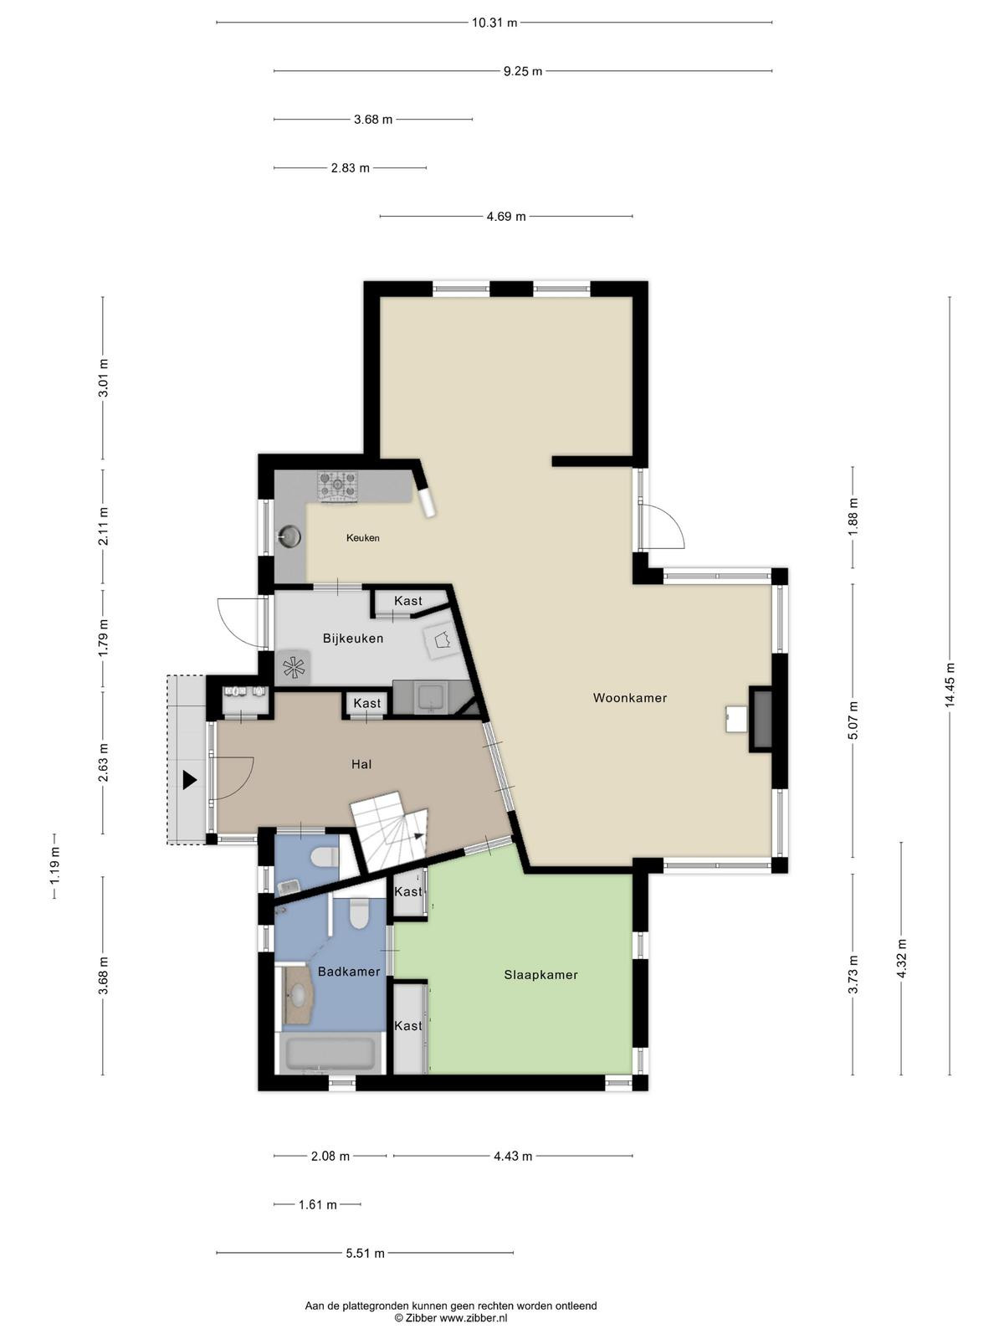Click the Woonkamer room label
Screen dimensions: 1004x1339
pyautogui.click(x=630, y=698)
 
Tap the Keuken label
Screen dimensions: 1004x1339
pyautogui.click(x=363, y=538)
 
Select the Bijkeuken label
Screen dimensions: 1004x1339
pyautogui.click(x=353, y=638)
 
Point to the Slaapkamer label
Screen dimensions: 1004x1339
pyautogui.click(x=540, y=975)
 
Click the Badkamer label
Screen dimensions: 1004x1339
pyautogui.click(x=349, y=972)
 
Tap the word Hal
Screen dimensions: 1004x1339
pyautogui.click(x=361, y=764)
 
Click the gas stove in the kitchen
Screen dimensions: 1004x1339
pyautogui.click(x=337, y=487)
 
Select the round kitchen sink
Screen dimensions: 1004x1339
pyautogui.click(x=289, y=536)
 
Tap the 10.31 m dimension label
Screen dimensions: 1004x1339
pyautogui.click(x=494, y=23)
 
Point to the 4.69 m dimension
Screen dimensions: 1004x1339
pyautogui.click(x=506, y=217)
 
